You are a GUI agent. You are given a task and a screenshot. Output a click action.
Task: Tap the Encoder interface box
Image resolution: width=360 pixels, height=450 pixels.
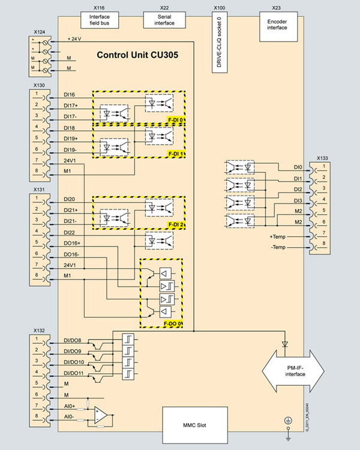pyautogui.click(x=278, y=23)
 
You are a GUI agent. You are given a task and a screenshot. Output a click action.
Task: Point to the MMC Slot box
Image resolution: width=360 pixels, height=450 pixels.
pyautogui.click(x=197, y=425)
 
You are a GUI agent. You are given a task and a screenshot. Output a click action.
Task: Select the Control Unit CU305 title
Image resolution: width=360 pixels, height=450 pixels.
pyautogui.click(x=137, y=55)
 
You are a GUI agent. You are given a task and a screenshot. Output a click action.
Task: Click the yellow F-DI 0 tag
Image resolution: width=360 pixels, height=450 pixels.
pyautogui.click(x=176, y=120)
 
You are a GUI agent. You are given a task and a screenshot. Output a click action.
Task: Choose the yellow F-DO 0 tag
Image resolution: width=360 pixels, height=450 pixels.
pyautogui.click(x=173, y=325)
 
